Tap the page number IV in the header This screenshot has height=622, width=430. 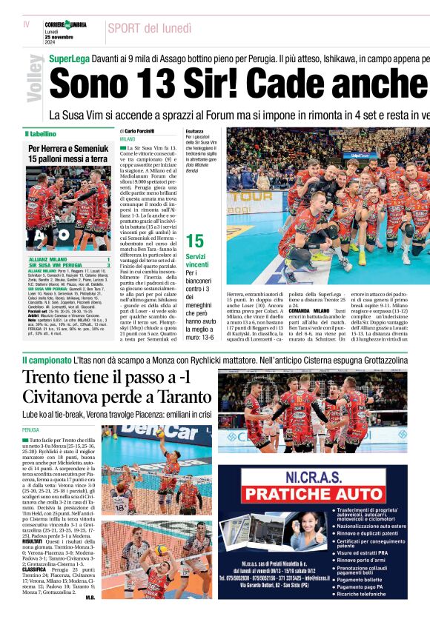27,24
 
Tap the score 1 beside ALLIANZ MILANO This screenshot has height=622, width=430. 108,260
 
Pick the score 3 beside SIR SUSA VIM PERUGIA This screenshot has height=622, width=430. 108,265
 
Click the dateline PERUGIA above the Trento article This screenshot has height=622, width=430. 30,429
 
